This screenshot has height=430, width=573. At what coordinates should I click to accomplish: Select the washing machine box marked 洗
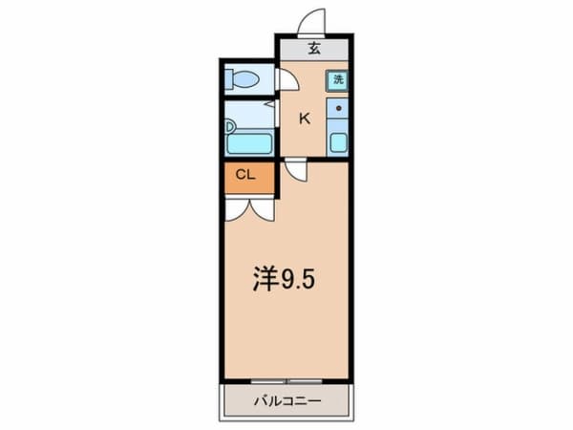337,81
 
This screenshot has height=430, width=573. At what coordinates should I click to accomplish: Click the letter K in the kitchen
305,118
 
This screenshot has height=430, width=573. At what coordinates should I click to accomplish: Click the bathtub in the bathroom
250,143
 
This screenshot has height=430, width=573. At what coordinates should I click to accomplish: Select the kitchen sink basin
338,143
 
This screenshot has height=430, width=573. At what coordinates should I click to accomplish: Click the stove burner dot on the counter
338,110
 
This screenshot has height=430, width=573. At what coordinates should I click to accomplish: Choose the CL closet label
245,175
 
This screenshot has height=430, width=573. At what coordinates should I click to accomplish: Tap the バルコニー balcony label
286,401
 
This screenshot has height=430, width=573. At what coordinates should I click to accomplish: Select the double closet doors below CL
250,209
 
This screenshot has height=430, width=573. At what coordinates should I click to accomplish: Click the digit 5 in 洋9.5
307,279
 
